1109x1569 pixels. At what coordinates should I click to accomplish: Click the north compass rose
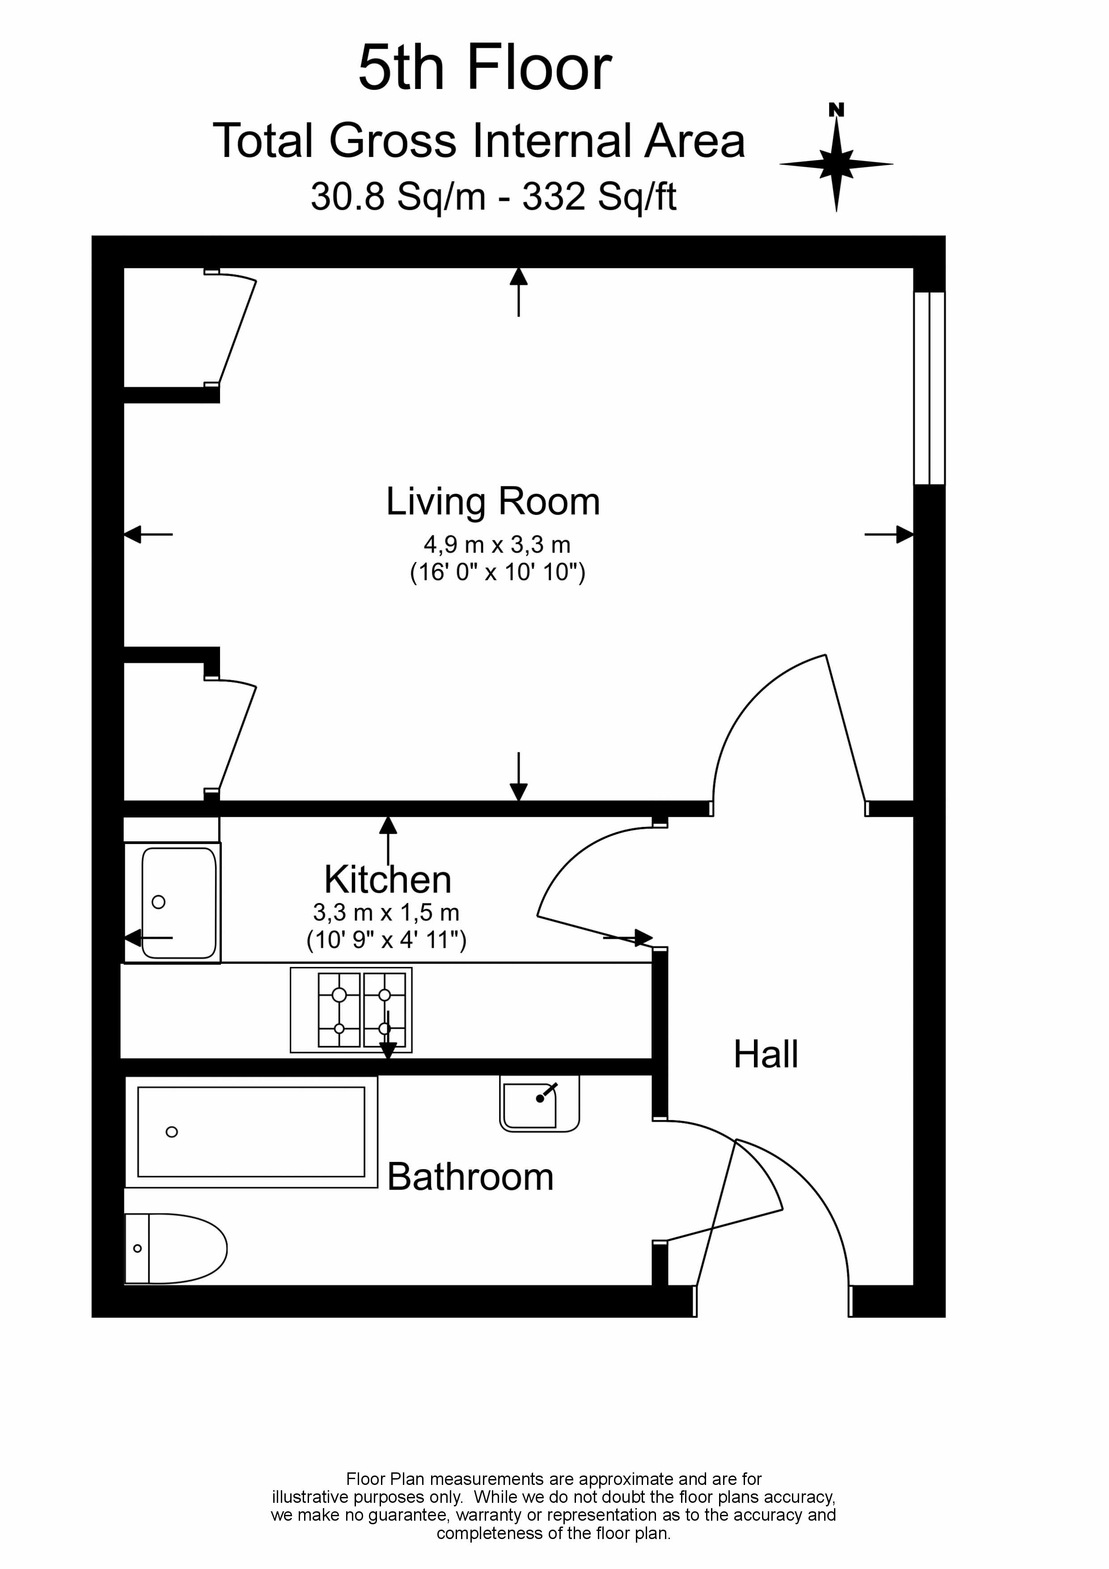coord(836,163)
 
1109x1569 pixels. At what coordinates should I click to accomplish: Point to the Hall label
coord(765,1055)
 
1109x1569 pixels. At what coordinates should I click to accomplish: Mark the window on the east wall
coord(929,388)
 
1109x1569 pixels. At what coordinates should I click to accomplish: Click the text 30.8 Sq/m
coord(398,197)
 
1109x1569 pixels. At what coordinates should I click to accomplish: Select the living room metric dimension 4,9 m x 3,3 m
coord(497,545)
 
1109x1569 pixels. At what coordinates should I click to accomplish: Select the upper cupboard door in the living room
coord(237,329)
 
